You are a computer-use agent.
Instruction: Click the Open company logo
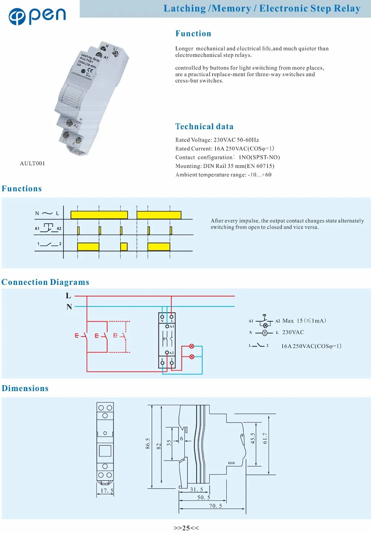[x=37, y=15]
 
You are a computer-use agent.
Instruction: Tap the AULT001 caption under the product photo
[x=32, y=163]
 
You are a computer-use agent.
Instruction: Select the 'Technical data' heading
[x=204, y=127]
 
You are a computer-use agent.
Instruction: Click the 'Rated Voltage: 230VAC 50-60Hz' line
[x=217, y=140]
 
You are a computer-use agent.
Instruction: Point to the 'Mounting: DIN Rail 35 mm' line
[x=225, y=166]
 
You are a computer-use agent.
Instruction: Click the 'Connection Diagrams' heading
[x=45, y=282]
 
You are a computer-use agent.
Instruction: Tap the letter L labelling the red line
[x=68, y=296]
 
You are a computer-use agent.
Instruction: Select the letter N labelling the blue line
[x=69, y=307]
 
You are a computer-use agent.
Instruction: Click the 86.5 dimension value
[x=148, y=443]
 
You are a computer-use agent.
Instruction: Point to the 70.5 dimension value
[x=216, y=506]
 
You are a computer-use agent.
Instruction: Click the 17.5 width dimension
[x=107, y=491]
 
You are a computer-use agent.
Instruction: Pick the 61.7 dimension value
[x=265, y=438]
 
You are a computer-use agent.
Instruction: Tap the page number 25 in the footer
[x=186, y=528]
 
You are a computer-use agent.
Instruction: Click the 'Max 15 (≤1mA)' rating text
[x=304, y=321]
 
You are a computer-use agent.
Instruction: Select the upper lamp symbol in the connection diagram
[x=192, y=346]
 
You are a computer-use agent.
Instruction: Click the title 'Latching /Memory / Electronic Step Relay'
[x=262, y=9]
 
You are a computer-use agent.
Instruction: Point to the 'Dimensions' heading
[x=25, y=389]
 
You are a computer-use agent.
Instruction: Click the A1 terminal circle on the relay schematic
[x=167, y=326]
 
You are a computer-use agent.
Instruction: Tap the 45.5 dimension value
[x=253, y=438]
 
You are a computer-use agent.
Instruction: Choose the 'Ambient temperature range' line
[x=223, y=175]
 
